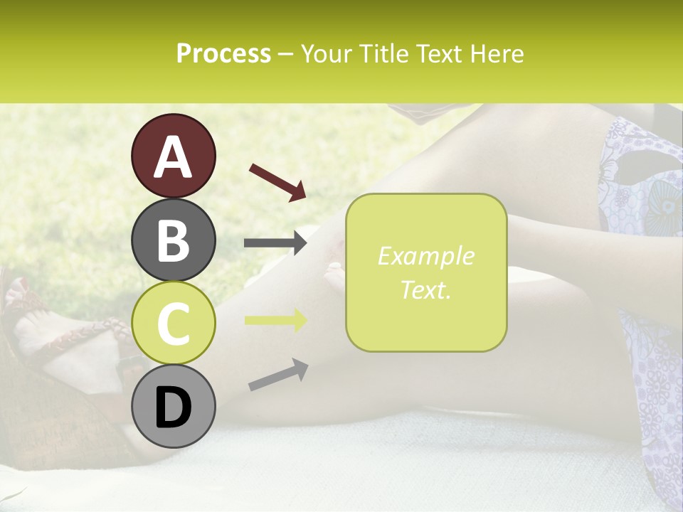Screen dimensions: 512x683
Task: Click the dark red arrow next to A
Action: tap(277, 181)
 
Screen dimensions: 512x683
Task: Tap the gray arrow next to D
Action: tap(278, 375)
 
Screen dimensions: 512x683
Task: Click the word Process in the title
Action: tap(223, 54)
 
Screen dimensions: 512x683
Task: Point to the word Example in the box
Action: tap(425, 256)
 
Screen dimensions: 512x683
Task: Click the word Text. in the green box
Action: tap(425, 289)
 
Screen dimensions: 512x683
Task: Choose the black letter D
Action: tap(173, 407)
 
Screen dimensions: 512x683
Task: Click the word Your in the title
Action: tap(327, 54)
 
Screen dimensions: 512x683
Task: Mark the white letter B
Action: tap(173, 240)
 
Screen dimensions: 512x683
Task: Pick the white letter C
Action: tap(173, 324)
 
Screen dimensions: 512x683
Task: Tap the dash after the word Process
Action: tap(285, 55)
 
